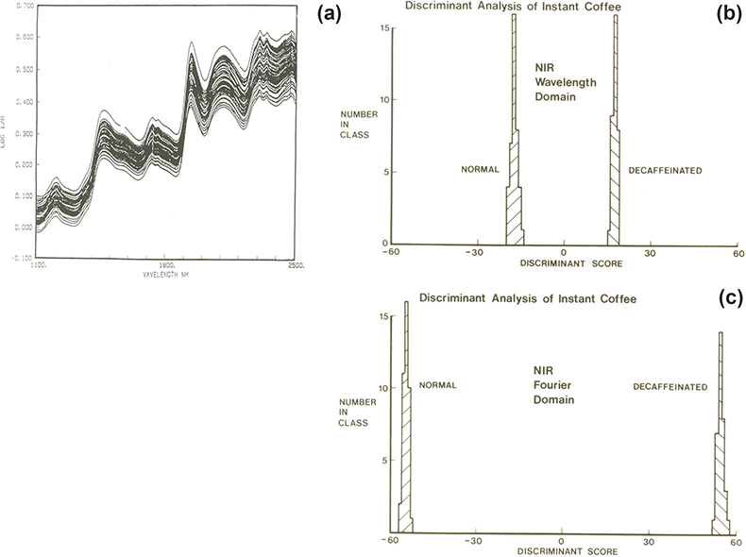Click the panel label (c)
point(729,300)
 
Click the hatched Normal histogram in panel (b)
point(514,189)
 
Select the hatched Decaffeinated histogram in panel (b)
point(615,189)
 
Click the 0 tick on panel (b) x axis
point(564,253)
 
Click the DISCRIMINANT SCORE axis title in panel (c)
point(561,549)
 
